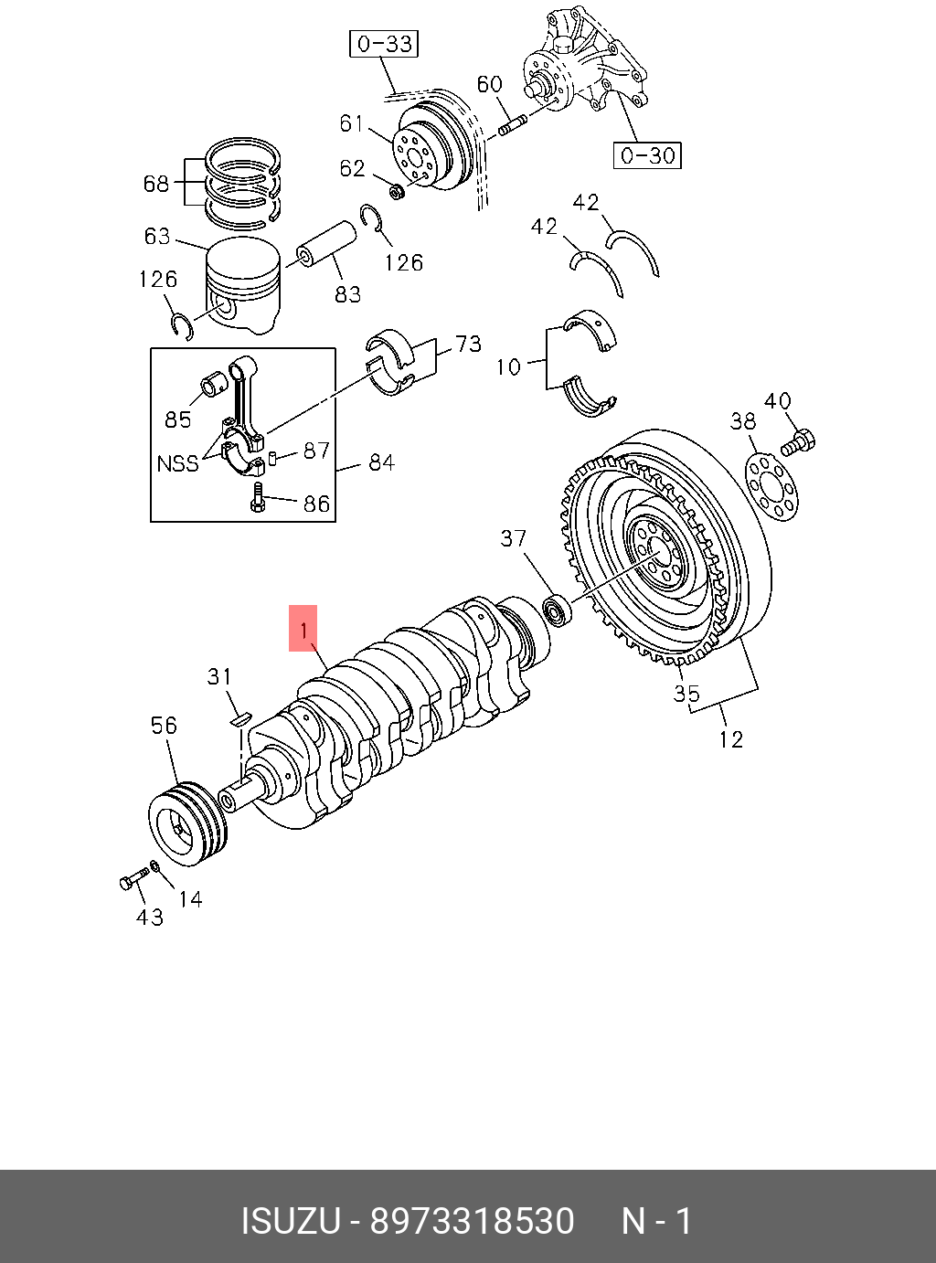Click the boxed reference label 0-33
point(383,44)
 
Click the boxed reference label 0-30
point(647,154)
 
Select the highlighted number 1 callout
point(303,628)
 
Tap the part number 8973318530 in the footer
point(472,1221)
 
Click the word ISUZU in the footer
point(291,1221)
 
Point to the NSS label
point(177,463)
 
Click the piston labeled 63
point(243,285)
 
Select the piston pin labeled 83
point(325,246)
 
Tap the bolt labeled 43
point(133,880)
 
